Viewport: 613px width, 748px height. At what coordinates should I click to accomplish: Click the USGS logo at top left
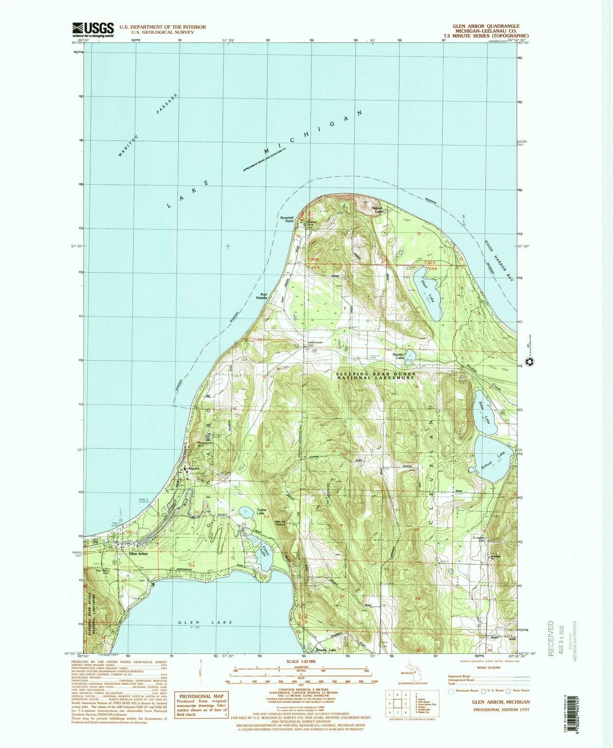(x=93, y=29)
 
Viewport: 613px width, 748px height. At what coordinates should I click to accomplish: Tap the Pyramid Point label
(x=286, y=219)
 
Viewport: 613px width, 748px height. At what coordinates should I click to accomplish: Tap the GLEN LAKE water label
(x=205, y=623)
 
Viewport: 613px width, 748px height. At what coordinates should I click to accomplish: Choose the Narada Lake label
(x=398, y=357)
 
